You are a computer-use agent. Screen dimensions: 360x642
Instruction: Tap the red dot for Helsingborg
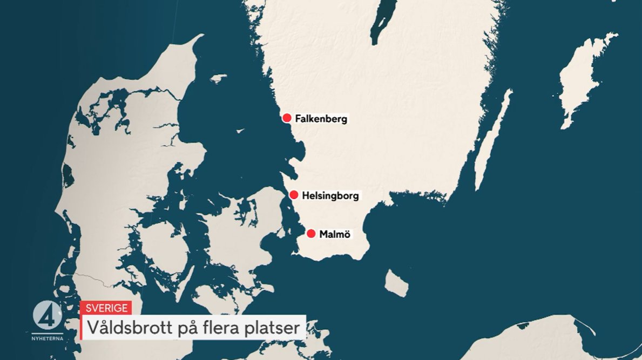[294, 195]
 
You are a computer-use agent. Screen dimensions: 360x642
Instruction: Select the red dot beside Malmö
[311, 234]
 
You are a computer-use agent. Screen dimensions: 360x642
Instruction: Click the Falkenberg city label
[321, 119]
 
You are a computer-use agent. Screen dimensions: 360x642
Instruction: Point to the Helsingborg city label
[330, 195]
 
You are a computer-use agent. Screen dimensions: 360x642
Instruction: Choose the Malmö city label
[335, 234]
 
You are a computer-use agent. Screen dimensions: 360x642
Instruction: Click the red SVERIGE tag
[106, 308]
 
